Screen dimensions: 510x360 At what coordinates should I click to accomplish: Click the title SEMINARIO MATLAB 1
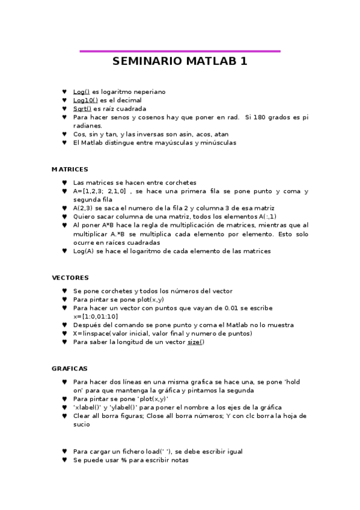[180, 61]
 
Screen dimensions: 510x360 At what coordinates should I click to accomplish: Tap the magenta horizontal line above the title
[180, 51]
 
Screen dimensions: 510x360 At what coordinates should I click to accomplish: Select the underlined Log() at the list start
[81, 91]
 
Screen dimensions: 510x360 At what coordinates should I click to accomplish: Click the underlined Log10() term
[85, 100]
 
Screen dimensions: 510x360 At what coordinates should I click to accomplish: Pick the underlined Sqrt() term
[82, 109]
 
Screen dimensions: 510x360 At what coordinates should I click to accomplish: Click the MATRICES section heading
[70, 170]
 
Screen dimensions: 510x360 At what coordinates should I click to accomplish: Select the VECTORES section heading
[70, 278]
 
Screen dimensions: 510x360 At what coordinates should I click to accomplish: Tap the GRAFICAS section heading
[70, 368]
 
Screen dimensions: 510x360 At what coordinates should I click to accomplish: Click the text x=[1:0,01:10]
[96, 316]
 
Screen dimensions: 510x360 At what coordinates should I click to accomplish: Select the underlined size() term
[195, 342]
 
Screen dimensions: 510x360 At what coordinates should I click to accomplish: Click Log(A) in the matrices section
[83, 251]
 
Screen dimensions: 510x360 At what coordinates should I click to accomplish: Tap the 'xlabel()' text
[89, 407]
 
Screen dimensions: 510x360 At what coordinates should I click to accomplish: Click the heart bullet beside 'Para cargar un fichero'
[64, 451]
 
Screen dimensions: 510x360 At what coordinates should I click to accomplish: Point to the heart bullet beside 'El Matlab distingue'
[64, 143]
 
